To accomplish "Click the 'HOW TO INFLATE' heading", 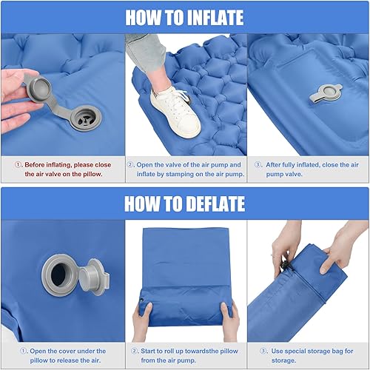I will (184, 16).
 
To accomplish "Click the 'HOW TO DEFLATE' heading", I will (184, 203).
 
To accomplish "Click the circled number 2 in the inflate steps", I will (132, 164).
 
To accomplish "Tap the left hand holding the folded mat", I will (141, 318).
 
